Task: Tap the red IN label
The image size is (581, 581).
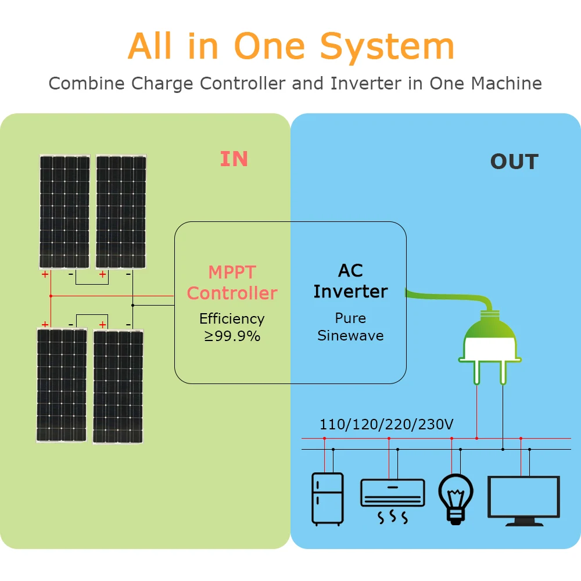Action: (x=234, y=159)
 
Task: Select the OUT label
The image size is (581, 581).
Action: (x=514, y=162)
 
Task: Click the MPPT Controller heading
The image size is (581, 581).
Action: (x=232, y=282)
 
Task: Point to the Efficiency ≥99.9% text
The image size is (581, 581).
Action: (x=232, y=327)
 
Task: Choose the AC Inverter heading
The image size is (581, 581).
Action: (x=350, y=281)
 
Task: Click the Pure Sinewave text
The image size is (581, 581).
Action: (x=350, y=327)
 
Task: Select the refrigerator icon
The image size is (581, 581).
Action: (x=327, y=499)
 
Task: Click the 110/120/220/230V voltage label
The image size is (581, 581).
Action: (x=386, y=425)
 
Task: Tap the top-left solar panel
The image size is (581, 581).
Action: (x=64, y=211)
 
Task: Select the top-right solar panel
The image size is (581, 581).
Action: (x=121, y=211)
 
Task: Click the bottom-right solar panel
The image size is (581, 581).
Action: (x=118, y=387)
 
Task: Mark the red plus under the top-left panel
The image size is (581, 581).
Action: (x=45, y=274)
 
